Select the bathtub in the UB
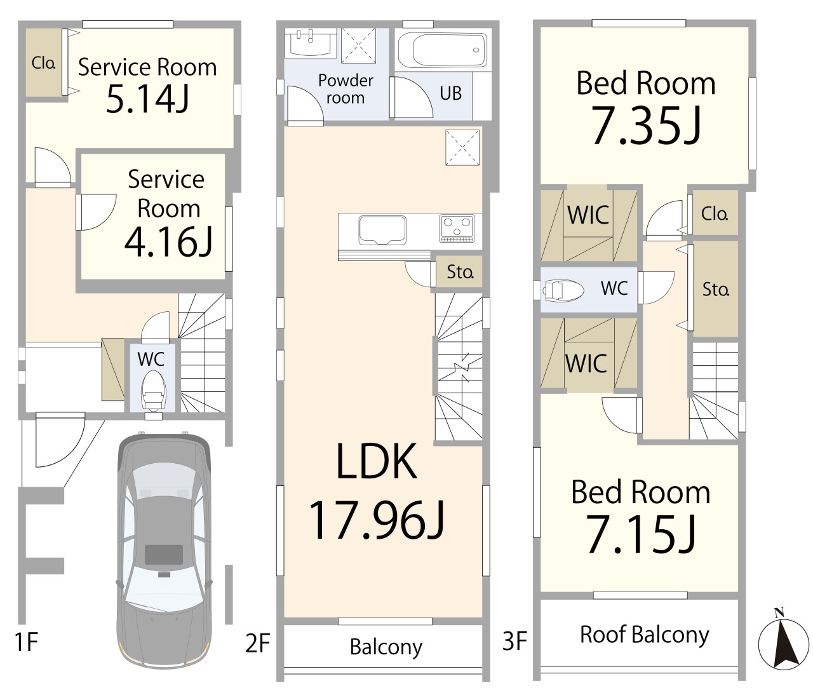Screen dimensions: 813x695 [442, 51]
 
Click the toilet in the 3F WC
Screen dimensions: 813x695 [563, 290]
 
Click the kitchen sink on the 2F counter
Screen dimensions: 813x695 [382, 230]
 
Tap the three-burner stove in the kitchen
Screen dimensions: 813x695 [457, 228]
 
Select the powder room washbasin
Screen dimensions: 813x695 [310, 43]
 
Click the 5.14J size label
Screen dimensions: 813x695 [147, 100]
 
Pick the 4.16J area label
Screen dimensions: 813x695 [169, 242]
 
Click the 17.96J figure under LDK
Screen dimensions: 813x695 [377, 520]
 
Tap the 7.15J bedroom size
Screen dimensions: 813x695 [642, 534]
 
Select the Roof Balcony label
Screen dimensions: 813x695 [644, 635]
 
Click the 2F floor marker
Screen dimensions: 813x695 [258, 644]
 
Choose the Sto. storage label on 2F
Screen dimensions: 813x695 [460, 271]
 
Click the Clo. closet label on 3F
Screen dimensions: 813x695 [715, 213]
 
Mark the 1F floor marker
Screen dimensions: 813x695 [26, 642]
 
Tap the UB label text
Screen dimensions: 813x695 [451, 93]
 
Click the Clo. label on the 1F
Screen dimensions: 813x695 [43, 62]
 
